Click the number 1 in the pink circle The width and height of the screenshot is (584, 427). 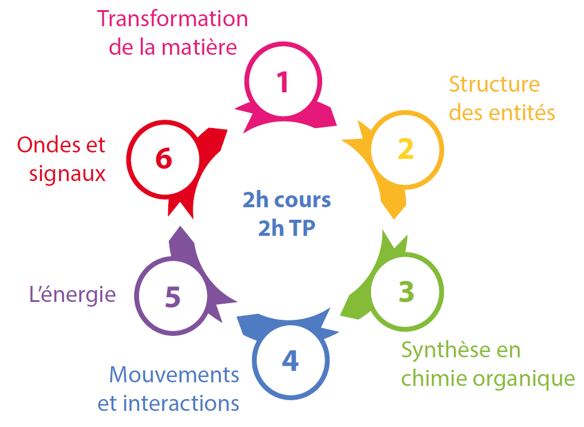(283, 82)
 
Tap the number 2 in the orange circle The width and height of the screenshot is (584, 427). (406, 149)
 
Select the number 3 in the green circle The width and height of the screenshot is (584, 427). (406, 291)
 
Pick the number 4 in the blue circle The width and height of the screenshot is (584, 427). (290, 360)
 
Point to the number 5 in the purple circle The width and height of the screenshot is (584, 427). (172, 297)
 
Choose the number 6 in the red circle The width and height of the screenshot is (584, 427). (163, 159)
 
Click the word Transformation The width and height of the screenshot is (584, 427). (172, 18)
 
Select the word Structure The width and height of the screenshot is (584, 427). (494, 84)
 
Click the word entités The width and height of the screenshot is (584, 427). (526, 112)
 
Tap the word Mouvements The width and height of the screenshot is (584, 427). (174, 375)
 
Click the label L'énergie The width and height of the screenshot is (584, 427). (72, 294)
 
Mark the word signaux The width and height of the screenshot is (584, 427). (67, 174)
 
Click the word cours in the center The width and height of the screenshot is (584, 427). (303, 200)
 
